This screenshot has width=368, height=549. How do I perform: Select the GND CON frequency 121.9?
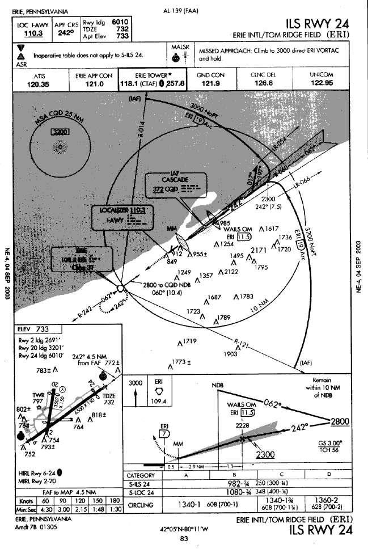point(211,84)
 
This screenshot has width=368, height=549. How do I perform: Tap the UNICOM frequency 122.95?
point(321,84)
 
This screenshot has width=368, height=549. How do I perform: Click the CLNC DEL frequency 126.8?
point(263,84)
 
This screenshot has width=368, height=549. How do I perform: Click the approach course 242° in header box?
point(66,33)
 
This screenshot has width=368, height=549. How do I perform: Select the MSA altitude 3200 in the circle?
point(60,132)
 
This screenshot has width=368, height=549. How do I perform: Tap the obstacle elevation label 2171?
point(259,250)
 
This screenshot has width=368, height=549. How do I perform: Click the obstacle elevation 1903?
point(230,353)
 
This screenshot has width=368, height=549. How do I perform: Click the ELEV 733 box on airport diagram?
point(34,329)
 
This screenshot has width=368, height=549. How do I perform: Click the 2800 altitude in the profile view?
point(340,421)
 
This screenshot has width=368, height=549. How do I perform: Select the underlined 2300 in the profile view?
point(264,454)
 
